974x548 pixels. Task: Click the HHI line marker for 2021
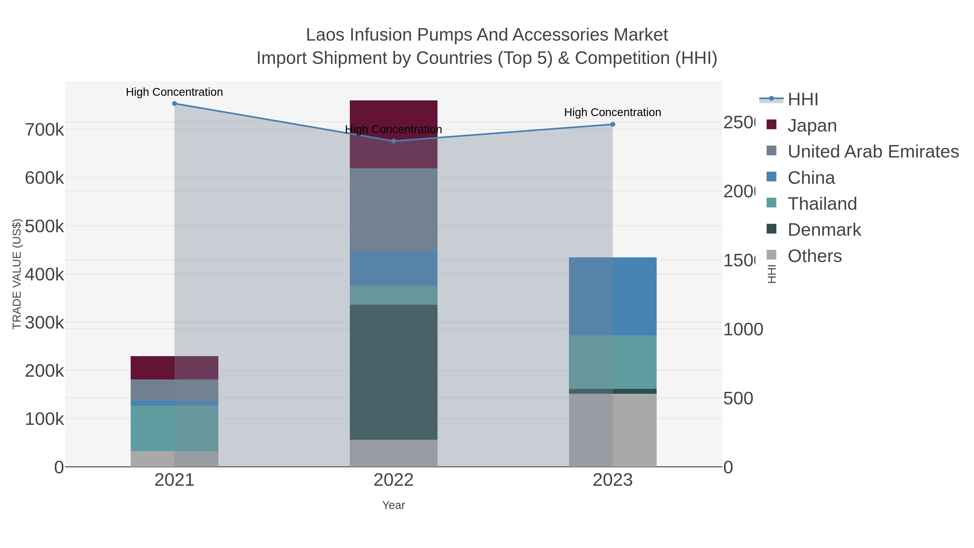(x=174, y=104)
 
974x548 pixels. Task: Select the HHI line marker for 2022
(x=394, y=141)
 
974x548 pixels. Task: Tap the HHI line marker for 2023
(x=613, y=124)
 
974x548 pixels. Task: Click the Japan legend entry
(x=812, y=126)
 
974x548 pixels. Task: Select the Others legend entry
(x=814, y=256)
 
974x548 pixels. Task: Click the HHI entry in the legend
(x=803, y=100)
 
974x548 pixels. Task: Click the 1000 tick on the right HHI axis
(x=743, y=329)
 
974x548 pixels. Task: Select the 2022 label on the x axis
(x=394, y=480)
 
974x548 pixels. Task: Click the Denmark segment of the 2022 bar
(x=394, y=372)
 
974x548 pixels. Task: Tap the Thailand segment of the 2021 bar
(x=174, y=428)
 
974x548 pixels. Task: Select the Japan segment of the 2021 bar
(x=174, y=367)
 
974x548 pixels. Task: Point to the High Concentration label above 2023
(x=613, y=112)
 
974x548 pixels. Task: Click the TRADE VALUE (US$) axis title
(x=17, y=274)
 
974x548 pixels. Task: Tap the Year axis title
(x=394, y=505)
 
